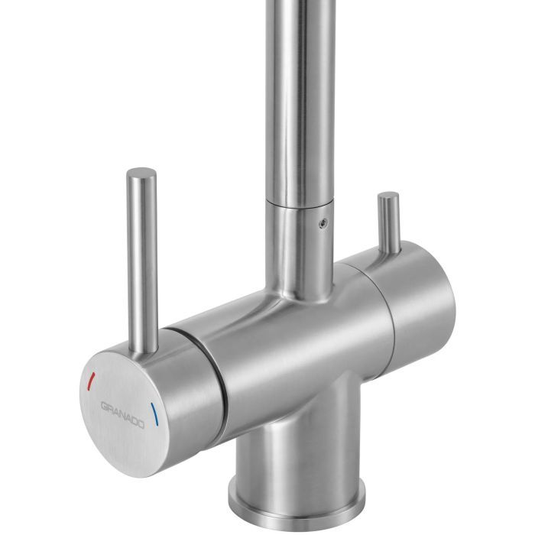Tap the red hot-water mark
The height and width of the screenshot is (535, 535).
(92, 378)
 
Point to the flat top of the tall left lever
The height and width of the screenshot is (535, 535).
(141, 172)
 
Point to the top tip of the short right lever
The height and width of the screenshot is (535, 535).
(388, 196)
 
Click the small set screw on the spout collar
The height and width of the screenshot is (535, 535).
(323, 222)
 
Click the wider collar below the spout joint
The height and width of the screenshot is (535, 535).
(300, 245)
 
